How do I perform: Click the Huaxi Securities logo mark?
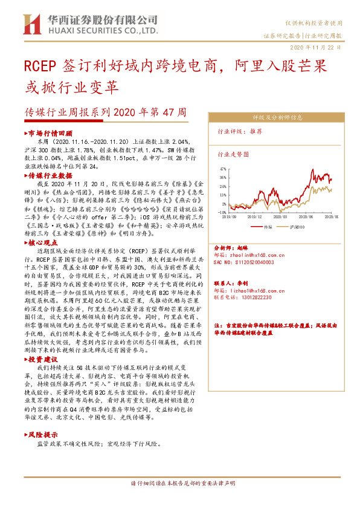(x=31, y=25)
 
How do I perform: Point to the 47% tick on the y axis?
(x=223, y=169)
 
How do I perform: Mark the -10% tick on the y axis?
(x=223, y=212)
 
